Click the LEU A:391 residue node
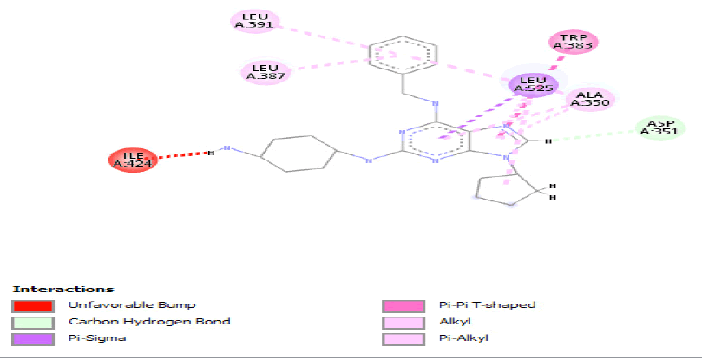254,21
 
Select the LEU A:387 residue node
265,71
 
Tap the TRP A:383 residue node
574,42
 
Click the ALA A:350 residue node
590,100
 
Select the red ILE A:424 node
133,160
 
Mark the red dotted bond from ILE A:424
183,155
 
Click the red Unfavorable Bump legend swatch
32,305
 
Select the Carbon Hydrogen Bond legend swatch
32,322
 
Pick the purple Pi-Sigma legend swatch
32,338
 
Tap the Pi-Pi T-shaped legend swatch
403,305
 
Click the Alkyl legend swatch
403,322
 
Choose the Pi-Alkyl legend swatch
403,338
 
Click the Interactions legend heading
62,289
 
